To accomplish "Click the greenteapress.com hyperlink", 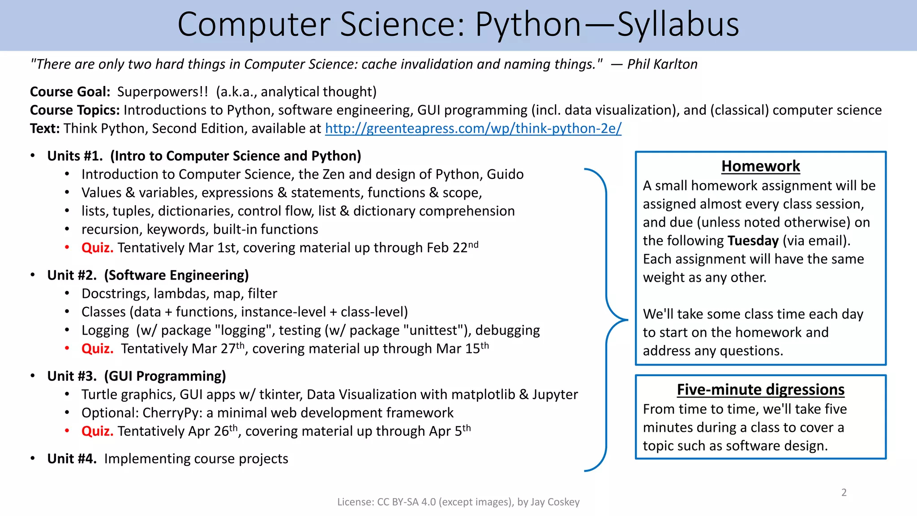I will pyautogui.click(x=473, y=129).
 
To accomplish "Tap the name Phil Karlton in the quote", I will pyautogui.click(x=662, y=64).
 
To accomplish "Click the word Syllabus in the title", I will pyautogui.click(x=678, y=24).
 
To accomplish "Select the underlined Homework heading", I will pyautogui.click(x=760, y=166).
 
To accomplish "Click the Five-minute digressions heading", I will pyautogui.click(x=760, y=390).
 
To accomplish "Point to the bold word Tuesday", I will pyautogui.click(x=753, y=241).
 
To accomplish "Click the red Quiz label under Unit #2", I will pyautogui.click(x=97, y=349).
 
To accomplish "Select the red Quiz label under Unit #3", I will pyautogui.click(x=97, y=431).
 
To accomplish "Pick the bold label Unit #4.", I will pyautogui.click(x=72, y=459).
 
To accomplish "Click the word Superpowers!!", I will pyautogui.click(x=163, y=92).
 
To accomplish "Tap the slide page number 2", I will pyautogui.click(x=844, y=493).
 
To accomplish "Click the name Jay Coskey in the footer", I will pyautogui.click(x=555, y=502).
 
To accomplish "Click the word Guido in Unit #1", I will pyautogui.click(x=505, y=174).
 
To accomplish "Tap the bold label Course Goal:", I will pyautogui.click(x=70, y=92).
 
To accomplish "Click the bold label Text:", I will pyautogui.click(x=45, y=129).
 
